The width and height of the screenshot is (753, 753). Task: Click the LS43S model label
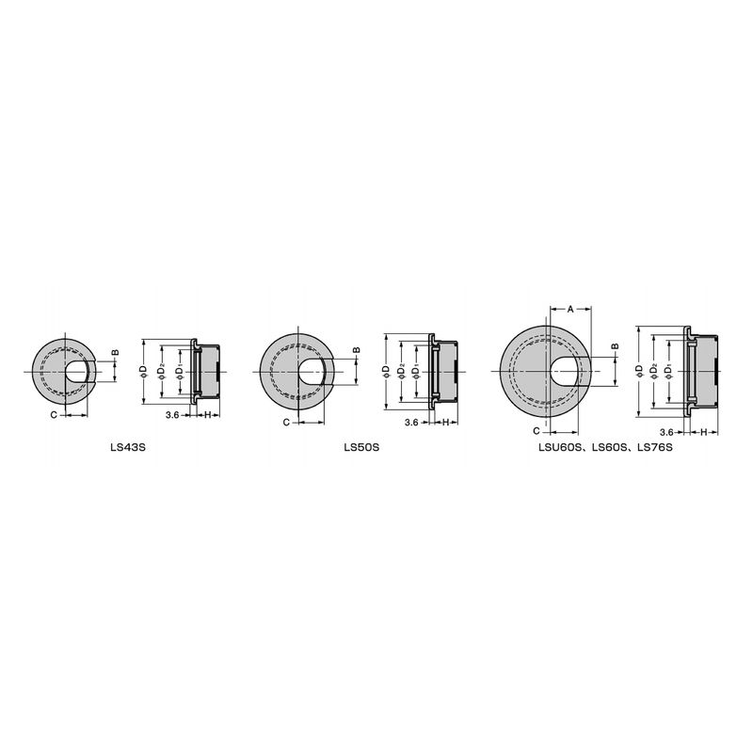pos(127,447)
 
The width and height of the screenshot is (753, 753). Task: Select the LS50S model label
pos(361,447)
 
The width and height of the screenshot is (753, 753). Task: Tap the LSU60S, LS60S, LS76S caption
pos(605,447)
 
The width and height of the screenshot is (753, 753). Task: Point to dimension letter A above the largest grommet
pos(570,309)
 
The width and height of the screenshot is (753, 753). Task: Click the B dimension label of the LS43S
pos(115,353)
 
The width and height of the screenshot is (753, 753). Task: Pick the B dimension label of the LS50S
pos(357,350)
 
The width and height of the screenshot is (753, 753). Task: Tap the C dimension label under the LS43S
pos(54,414)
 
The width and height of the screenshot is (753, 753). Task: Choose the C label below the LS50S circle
pos(286,422)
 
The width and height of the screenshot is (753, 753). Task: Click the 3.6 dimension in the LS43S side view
pos(172,415)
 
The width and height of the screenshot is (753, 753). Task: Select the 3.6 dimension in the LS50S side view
pos(411,423)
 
